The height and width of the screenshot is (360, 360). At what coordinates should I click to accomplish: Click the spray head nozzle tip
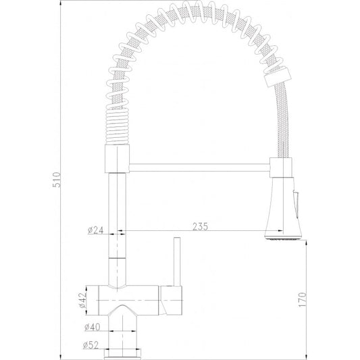tap(280, 236)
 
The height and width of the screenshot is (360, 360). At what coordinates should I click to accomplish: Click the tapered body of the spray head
tap(280, 206)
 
